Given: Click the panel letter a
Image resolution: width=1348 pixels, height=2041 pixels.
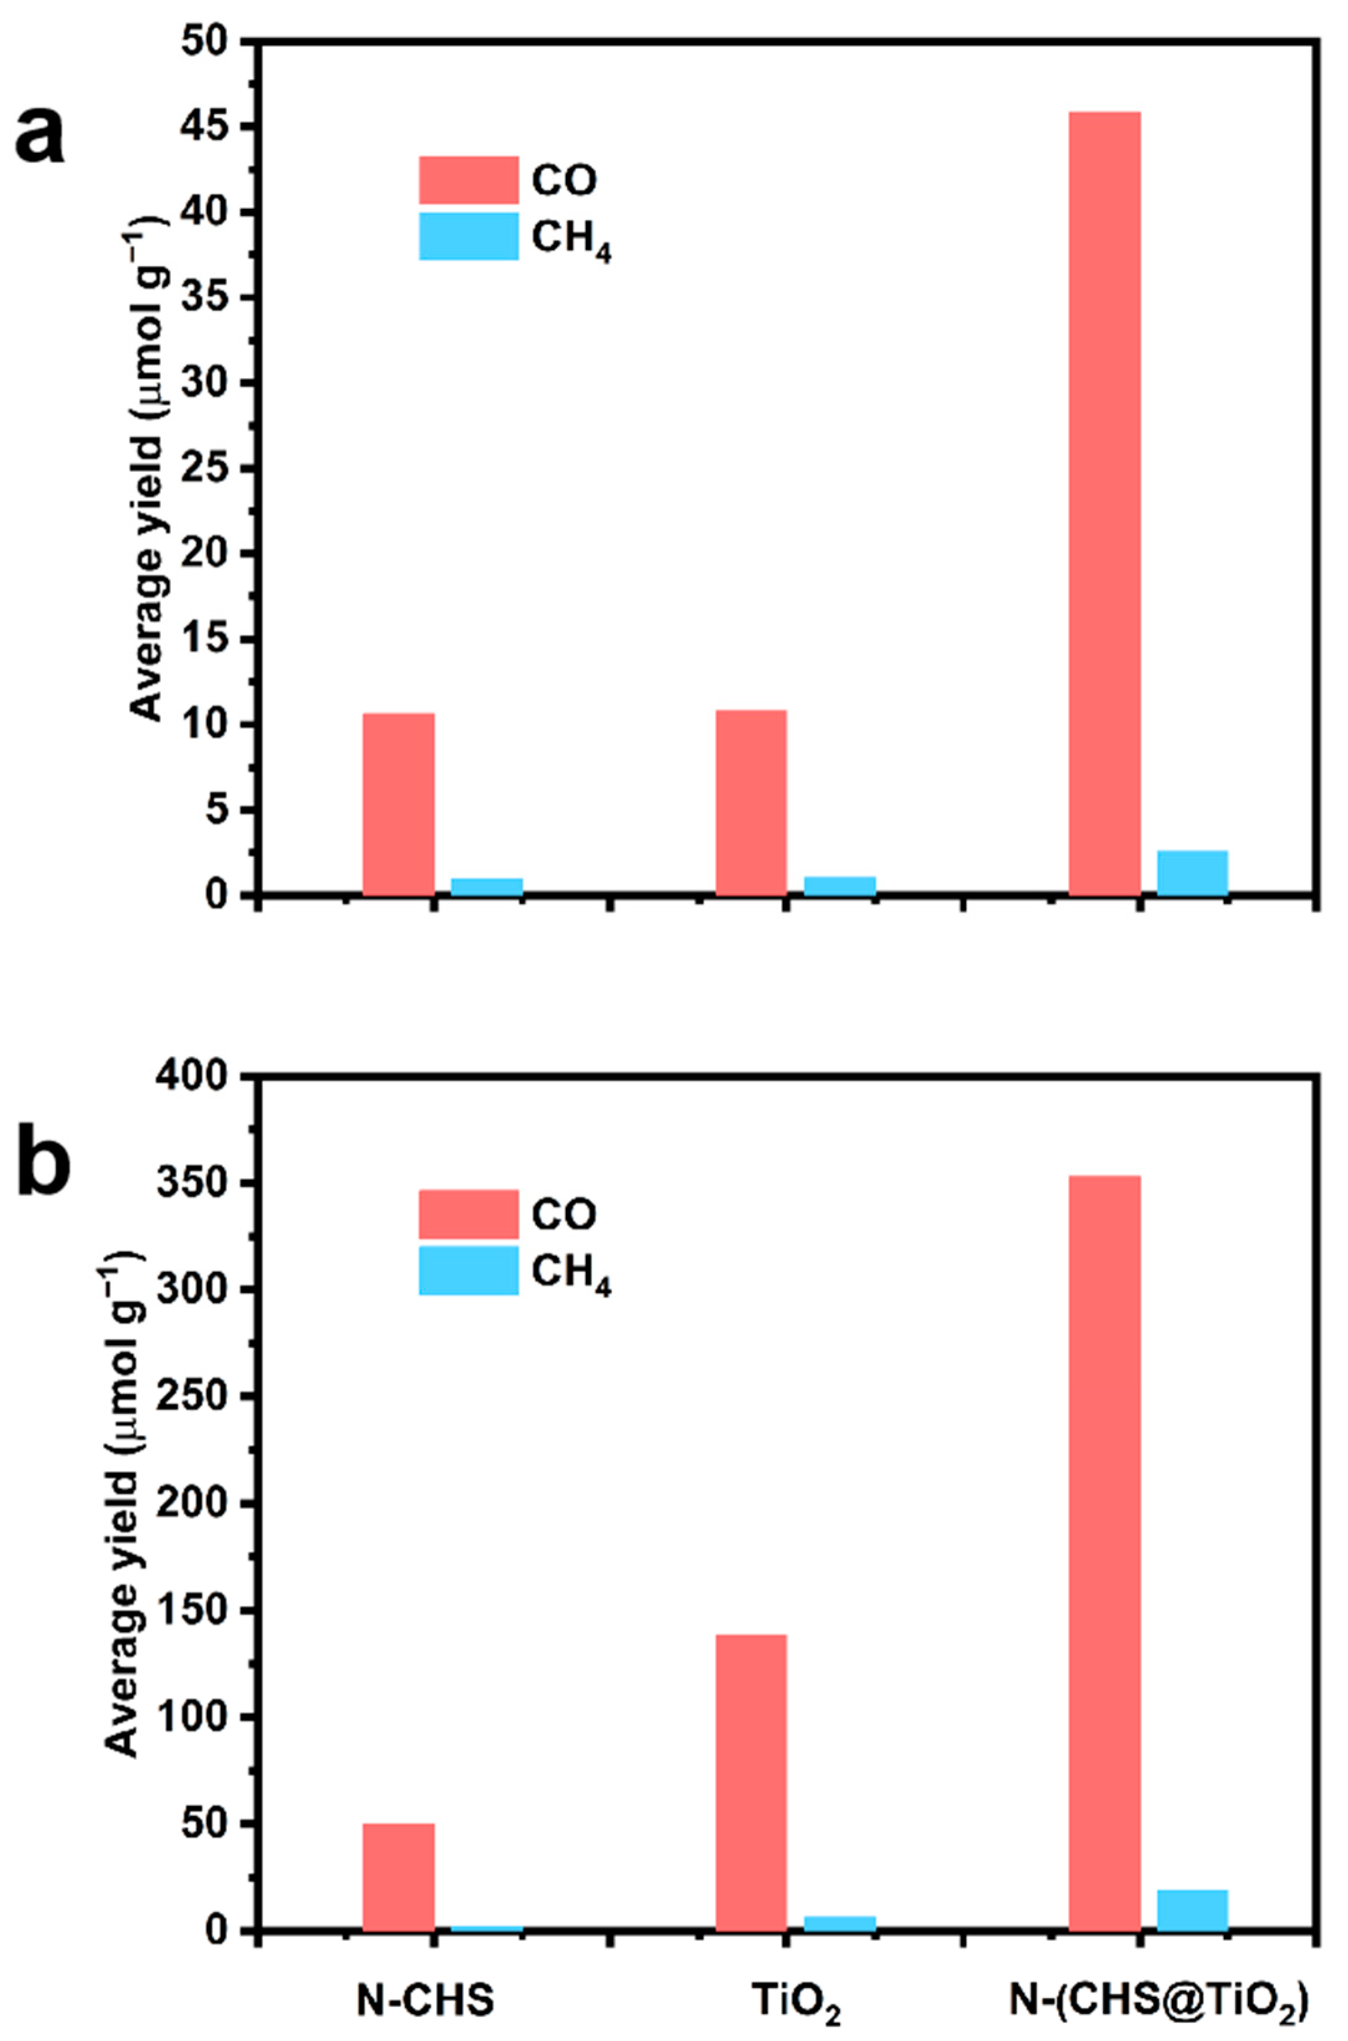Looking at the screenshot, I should click(41, 138).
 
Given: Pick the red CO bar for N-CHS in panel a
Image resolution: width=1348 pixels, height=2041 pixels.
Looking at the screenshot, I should click(398, 804).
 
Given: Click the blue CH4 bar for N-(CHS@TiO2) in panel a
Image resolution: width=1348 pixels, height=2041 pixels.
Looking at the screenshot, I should click(1192, 873).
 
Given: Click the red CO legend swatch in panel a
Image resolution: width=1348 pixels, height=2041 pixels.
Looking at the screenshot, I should click(469, 180).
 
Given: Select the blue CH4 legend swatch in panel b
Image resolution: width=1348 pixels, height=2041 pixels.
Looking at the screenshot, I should click(469, 1270).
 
